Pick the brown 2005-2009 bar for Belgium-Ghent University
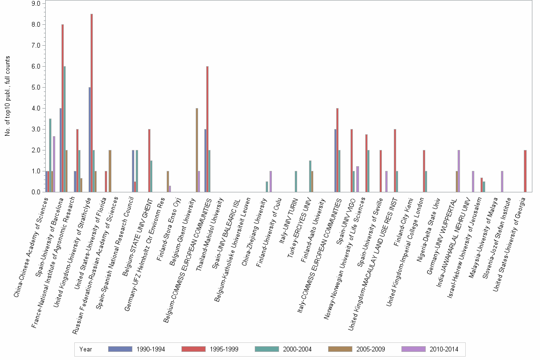[x=197, y=150]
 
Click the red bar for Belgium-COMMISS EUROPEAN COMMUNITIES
[x=208, y=129]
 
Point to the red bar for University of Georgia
[x=525, y=171]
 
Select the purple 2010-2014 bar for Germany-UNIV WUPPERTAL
[x=459, y=171]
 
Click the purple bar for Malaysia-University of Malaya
[x=502, y=181]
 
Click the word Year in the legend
[x=86, y=349]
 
